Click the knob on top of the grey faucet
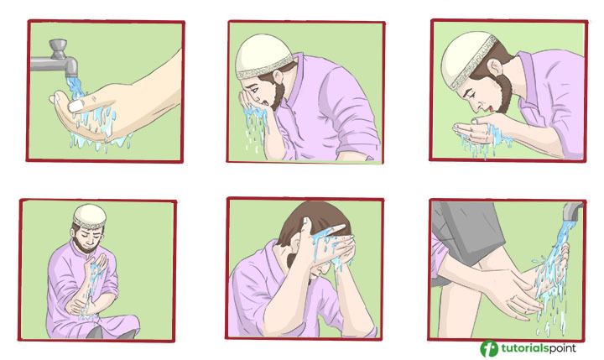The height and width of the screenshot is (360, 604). [58, 49]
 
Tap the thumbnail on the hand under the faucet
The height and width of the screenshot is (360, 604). [76, 105]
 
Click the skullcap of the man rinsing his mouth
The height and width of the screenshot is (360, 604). [264, 57]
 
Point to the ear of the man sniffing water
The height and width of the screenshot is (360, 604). [495, 67]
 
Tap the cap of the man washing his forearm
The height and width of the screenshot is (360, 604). [90, 217]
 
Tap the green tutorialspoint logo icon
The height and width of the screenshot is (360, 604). [489, 348]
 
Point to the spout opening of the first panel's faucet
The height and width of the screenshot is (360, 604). [72, 76]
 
